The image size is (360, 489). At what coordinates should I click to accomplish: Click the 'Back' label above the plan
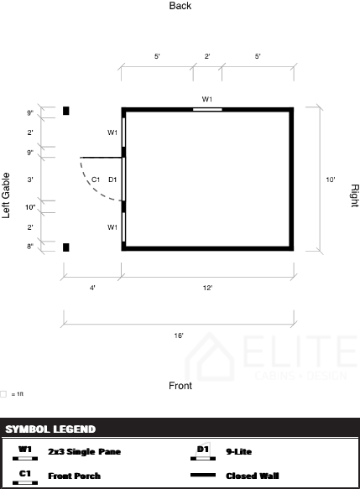point(180,6)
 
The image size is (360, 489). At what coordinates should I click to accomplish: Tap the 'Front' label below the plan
point(180,386)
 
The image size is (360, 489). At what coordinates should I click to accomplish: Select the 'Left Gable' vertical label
point(6,195)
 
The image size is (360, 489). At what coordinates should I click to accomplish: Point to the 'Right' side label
point(355,195)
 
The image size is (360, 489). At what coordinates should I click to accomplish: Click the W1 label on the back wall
point(207,99)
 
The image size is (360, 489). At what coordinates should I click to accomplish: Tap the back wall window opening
point(207,110)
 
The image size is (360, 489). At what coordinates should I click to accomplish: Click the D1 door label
point(112,179)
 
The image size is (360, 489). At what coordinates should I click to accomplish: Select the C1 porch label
point(96,179)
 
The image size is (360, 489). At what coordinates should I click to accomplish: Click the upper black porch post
point(65,111)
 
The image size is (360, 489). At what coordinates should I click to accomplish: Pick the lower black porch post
point(65,247)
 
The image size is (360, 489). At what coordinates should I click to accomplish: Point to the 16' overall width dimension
point(179,336)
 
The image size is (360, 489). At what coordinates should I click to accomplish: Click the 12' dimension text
point(207,288)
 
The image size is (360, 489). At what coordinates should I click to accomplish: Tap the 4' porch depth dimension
point(92,288)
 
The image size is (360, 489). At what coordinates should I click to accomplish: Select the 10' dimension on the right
point(331,179)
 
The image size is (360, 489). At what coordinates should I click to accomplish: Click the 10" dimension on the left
point(30,207)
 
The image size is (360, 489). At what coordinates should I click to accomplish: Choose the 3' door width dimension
point(30,179)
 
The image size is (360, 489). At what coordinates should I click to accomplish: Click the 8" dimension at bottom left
point(30,247)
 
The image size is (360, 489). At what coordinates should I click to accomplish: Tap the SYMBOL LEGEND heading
point(50,429)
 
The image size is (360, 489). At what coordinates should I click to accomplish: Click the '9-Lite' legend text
point(238,451)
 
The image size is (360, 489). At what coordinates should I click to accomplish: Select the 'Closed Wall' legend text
point(253,476)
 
